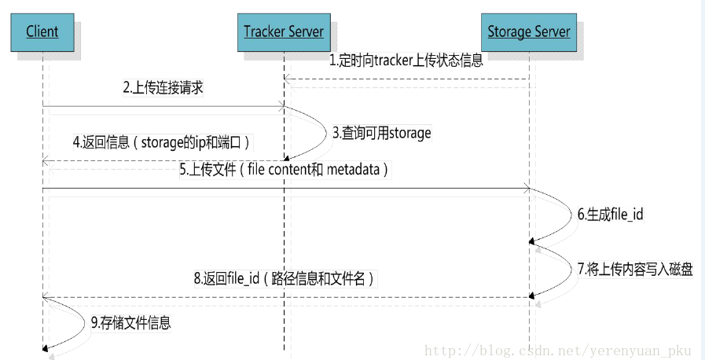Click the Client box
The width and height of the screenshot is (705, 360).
(42, 32)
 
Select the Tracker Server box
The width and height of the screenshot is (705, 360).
(283, 32)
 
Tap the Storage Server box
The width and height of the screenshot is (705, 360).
(528, 32)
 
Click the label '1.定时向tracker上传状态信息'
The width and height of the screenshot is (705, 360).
(406, 61)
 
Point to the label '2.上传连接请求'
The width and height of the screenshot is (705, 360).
(163, 88)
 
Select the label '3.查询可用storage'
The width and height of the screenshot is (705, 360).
(381, 133)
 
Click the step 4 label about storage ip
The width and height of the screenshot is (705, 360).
(161, 142)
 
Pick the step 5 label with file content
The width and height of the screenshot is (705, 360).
(284, 169)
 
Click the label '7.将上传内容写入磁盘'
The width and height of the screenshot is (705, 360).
(635, 268)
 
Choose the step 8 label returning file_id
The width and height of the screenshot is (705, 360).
(284, 278)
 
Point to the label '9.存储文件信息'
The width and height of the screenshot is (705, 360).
(130, 322)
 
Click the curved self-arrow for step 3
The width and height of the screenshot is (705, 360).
(318, 134)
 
